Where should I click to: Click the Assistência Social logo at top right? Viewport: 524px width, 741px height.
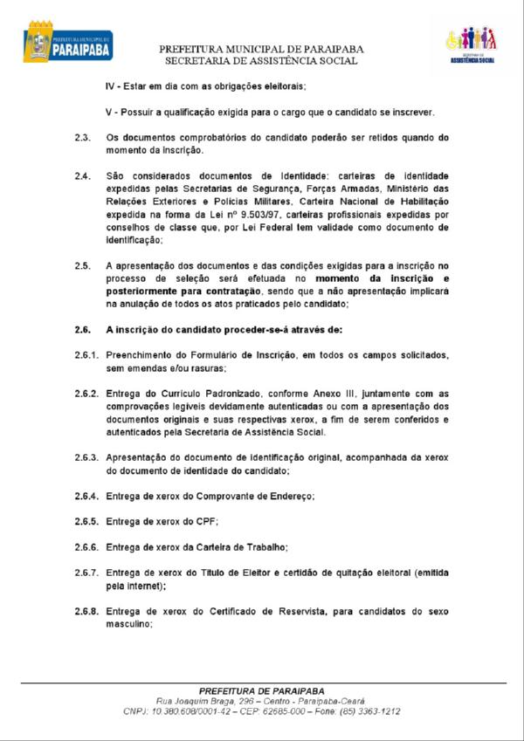472,45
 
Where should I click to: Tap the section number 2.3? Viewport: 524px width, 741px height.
83,138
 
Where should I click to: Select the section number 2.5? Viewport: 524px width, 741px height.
83,264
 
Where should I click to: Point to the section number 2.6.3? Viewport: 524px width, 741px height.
87,457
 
